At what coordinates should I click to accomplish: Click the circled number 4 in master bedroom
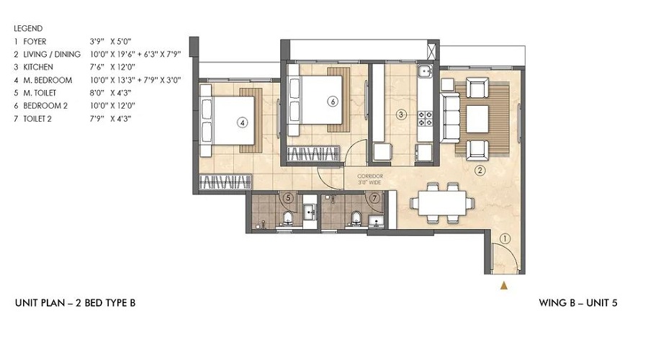pos(243,122)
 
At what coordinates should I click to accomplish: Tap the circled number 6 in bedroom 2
pos(332,102)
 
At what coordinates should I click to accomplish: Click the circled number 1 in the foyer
pos(505,238)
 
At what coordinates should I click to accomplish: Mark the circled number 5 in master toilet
pos(288,197)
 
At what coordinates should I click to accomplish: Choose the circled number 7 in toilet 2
pos(375,197)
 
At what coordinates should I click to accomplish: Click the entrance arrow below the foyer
pos(504,286)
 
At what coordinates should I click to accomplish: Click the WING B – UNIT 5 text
pos(578,303)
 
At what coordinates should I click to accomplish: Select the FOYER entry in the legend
pos(35,42)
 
